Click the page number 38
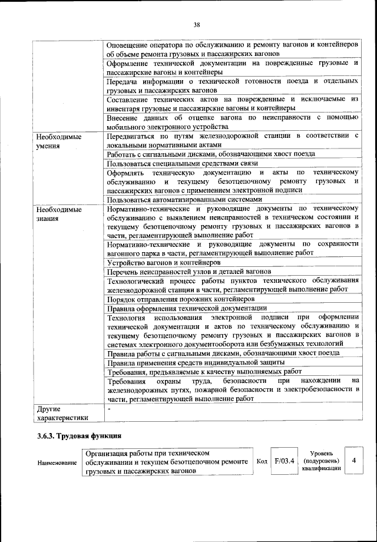[x=197, y=24]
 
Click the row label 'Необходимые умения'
[x=57, y=140]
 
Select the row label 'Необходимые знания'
[x=57, y=213]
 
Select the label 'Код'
[x=262, y=461]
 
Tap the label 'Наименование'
[x=57, y=464]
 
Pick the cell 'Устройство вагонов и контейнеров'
[x=164, y=262]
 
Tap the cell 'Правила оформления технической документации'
[x=187, y=308]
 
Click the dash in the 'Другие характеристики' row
[x=109, y=408]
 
